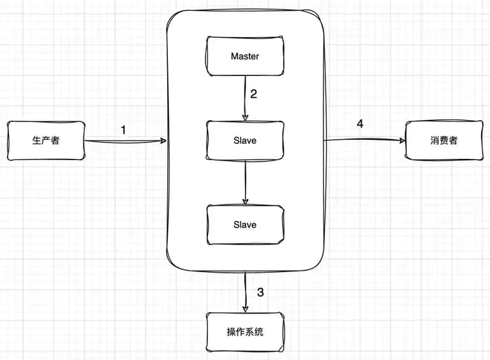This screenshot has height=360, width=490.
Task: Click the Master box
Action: (245, 56)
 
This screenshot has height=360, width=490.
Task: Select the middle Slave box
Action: (245, 140)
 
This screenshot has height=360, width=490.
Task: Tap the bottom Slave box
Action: (245, 225)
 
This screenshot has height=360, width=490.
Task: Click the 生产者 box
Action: (46, 140)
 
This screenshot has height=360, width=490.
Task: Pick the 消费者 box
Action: (444, 140)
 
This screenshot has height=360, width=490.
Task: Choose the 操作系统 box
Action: (245, 332)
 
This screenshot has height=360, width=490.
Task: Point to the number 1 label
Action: (123, 130)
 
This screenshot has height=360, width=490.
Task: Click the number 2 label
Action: (254, 94)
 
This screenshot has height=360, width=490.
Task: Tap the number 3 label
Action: (260, 292)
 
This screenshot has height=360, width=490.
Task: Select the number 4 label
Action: (360, 124)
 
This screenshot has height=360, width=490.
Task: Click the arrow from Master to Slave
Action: (245, 98)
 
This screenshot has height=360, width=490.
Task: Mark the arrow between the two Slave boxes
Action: (245, 183)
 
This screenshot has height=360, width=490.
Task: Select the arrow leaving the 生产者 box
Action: (126, 141)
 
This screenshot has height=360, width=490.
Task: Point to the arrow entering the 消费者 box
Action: (364, 140)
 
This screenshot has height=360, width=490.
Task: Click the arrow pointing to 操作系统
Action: (246, 292)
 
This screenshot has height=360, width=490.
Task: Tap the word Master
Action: (245, 56)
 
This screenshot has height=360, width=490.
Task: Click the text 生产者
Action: (46, 140)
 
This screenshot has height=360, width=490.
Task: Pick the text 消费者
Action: (444, 140)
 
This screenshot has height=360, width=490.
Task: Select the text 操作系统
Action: (245, 331)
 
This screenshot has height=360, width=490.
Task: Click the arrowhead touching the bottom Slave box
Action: (245, 202)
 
